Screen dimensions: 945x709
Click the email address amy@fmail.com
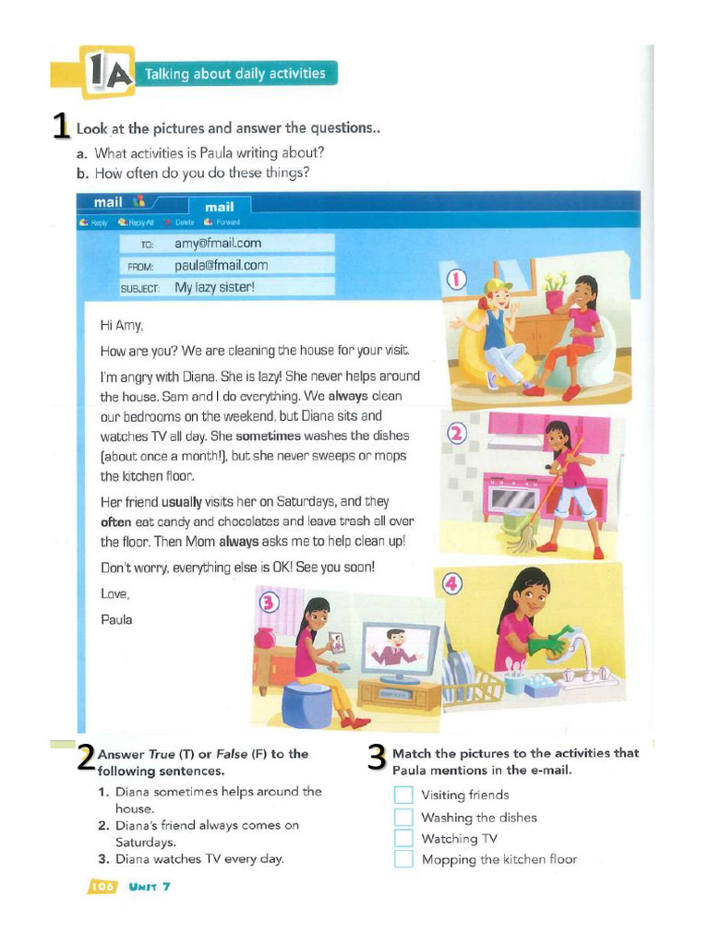[218, 244]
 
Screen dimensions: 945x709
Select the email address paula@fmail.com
[222, 266]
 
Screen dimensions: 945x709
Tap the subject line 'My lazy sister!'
[214, 287]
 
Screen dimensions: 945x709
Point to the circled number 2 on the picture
[457, 433]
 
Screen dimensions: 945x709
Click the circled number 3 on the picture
[269, 603]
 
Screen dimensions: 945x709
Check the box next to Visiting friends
[403, 795]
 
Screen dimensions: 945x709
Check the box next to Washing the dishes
[403, 817]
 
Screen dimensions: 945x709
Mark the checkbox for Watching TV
[403, 838]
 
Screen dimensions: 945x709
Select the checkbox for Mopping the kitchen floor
[403, 859]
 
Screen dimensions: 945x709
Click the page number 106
[102, 887]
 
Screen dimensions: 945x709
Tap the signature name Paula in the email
[116, 619]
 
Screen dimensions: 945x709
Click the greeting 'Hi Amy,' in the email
[122, 325]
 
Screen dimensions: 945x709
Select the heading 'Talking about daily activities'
[242, 74]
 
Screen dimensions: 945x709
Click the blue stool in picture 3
[309, 706]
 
